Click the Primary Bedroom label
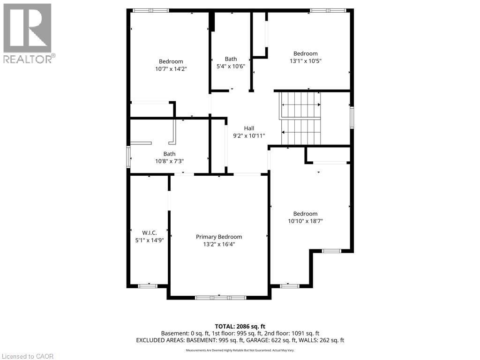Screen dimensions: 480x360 point(219,237)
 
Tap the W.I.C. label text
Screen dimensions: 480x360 point(150,233)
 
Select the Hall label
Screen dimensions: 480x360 point(249,128)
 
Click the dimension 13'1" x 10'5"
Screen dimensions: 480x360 point(306,61)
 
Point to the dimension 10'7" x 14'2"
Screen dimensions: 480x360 point(171,69)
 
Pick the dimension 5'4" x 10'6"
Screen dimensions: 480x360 point(231,66)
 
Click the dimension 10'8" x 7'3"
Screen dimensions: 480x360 point(169,161)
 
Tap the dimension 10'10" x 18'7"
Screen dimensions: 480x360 point(306,221)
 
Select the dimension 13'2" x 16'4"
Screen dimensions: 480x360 point(219,244)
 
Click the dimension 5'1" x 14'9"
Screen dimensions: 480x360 point(150,240)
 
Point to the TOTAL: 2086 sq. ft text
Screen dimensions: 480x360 point(240,326)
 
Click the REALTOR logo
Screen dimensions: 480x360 point(29,34)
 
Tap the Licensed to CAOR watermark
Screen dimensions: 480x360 point(28,356)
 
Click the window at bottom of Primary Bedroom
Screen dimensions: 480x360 point(220,298)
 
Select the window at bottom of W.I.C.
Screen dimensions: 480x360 point(148,286)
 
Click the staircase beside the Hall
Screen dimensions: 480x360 point(300,119)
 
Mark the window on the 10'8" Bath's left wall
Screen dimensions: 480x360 point(128,157)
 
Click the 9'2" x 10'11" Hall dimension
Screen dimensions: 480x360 point(249,136)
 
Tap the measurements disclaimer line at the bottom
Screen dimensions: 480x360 point(240,350)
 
